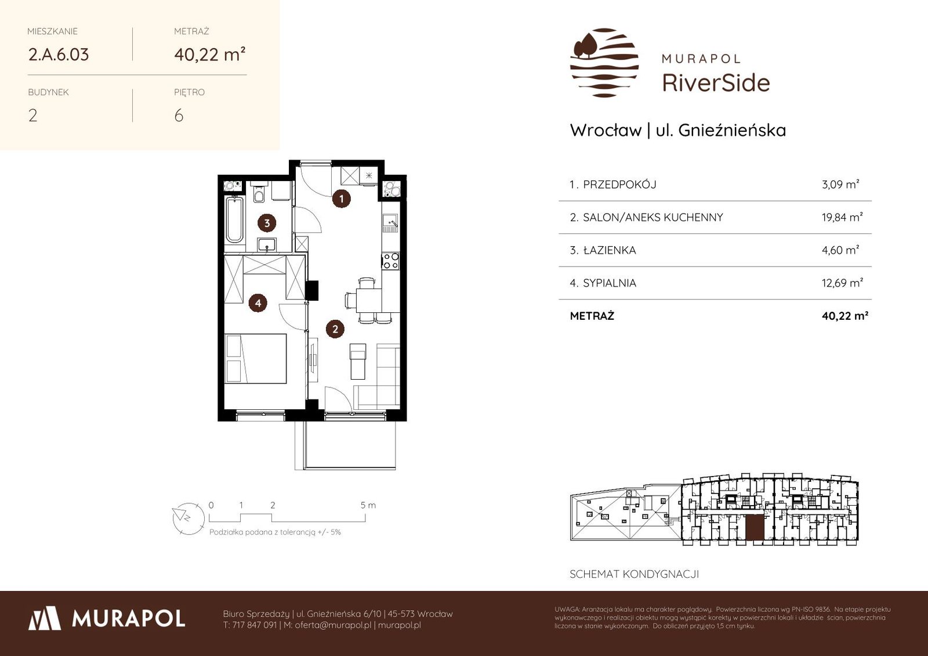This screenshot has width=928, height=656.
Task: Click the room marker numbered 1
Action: click(342, 199)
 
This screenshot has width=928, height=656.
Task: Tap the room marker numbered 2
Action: click(335, 329)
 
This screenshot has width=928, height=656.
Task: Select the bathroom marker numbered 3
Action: click(267, 224)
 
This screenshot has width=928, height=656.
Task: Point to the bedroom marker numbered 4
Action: click(258, 303)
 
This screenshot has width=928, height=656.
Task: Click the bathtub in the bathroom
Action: click(234, 220)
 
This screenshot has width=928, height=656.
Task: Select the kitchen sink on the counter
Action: click(390, 223)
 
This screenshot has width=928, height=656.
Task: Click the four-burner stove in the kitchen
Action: click(391, 261)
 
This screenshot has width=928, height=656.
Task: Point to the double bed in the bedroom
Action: click(256, 358)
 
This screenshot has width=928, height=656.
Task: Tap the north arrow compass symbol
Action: click(188, 518)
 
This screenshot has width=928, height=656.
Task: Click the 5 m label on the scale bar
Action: click(368, 505)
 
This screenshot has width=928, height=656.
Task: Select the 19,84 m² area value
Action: click(842, 217)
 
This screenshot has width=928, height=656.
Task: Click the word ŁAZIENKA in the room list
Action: click(610, 250)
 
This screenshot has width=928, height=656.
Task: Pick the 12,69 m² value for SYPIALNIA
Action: click(842, 282)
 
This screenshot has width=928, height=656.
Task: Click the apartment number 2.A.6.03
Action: click(59, 55)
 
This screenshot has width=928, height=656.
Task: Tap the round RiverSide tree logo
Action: click(604, 63)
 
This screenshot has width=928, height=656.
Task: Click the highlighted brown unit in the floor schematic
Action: click(755, 528)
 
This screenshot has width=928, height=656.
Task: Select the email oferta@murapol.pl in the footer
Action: click(333, 625)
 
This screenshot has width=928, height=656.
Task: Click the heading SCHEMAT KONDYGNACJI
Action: click(635, 574)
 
